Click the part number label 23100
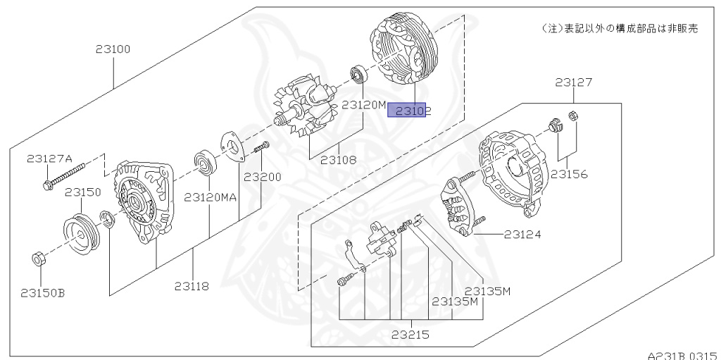coord(113,49)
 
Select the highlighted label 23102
coord(409,111)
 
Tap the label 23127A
coord(50,159)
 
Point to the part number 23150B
coord(43,293)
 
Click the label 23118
coord(192,286)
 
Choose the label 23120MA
coord(210,197)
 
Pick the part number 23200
coord(263,177)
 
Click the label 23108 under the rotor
coord(339,160)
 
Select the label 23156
coord(569,174)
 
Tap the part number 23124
coord(523,235)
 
